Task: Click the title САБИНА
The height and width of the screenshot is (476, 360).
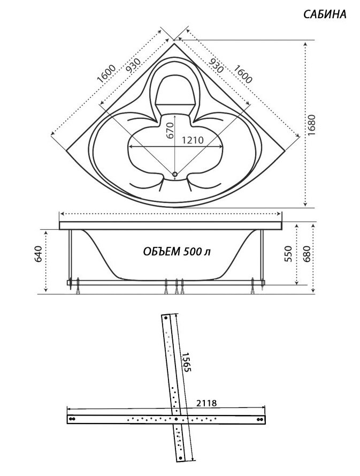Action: pos(325,14)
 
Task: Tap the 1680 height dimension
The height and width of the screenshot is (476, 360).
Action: pos(311,125)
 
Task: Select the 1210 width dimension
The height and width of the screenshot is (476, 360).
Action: pos(193,140)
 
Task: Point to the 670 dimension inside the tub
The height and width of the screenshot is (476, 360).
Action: pos(170,130)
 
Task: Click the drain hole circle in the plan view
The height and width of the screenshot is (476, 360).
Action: pos(175,174)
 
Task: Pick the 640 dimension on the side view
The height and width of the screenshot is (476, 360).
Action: pos(39,254)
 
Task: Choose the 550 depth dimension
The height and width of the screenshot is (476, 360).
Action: pos(288,254)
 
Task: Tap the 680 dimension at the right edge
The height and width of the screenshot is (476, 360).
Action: pos(307,254)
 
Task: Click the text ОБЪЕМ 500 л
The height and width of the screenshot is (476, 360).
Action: pos(177,251)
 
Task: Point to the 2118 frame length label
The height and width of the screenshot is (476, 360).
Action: pos(206,403)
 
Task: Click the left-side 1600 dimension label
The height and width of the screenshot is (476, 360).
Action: pos(106,74)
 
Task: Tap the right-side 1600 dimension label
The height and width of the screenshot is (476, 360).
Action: pos(243,74)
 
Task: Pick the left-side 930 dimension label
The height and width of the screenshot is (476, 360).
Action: pos(133,65)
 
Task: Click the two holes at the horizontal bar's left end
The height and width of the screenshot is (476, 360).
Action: pos(72,419)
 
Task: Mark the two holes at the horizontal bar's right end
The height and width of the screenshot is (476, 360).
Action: pos(260,419)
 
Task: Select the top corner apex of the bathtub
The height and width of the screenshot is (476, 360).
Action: pos(174,44)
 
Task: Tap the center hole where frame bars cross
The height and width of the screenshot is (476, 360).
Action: pos(176,419)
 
